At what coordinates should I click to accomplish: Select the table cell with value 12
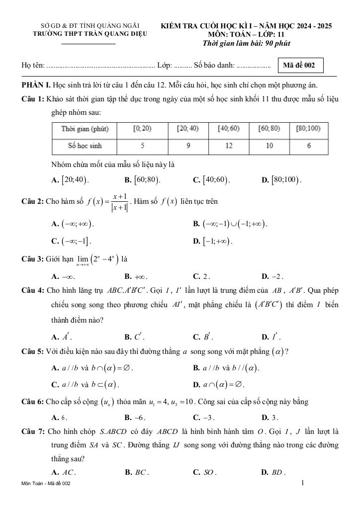tap(229, 146)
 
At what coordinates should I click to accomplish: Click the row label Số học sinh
tap(85, 146)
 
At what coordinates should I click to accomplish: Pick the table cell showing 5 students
tap(143, 146)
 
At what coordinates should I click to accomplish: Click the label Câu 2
tap(33, 202)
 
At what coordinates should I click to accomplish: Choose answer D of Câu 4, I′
tap(272, 338)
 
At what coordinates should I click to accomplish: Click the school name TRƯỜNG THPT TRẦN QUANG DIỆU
tap(87, 35)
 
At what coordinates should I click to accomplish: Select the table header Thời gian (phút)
tap(85, 129)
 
